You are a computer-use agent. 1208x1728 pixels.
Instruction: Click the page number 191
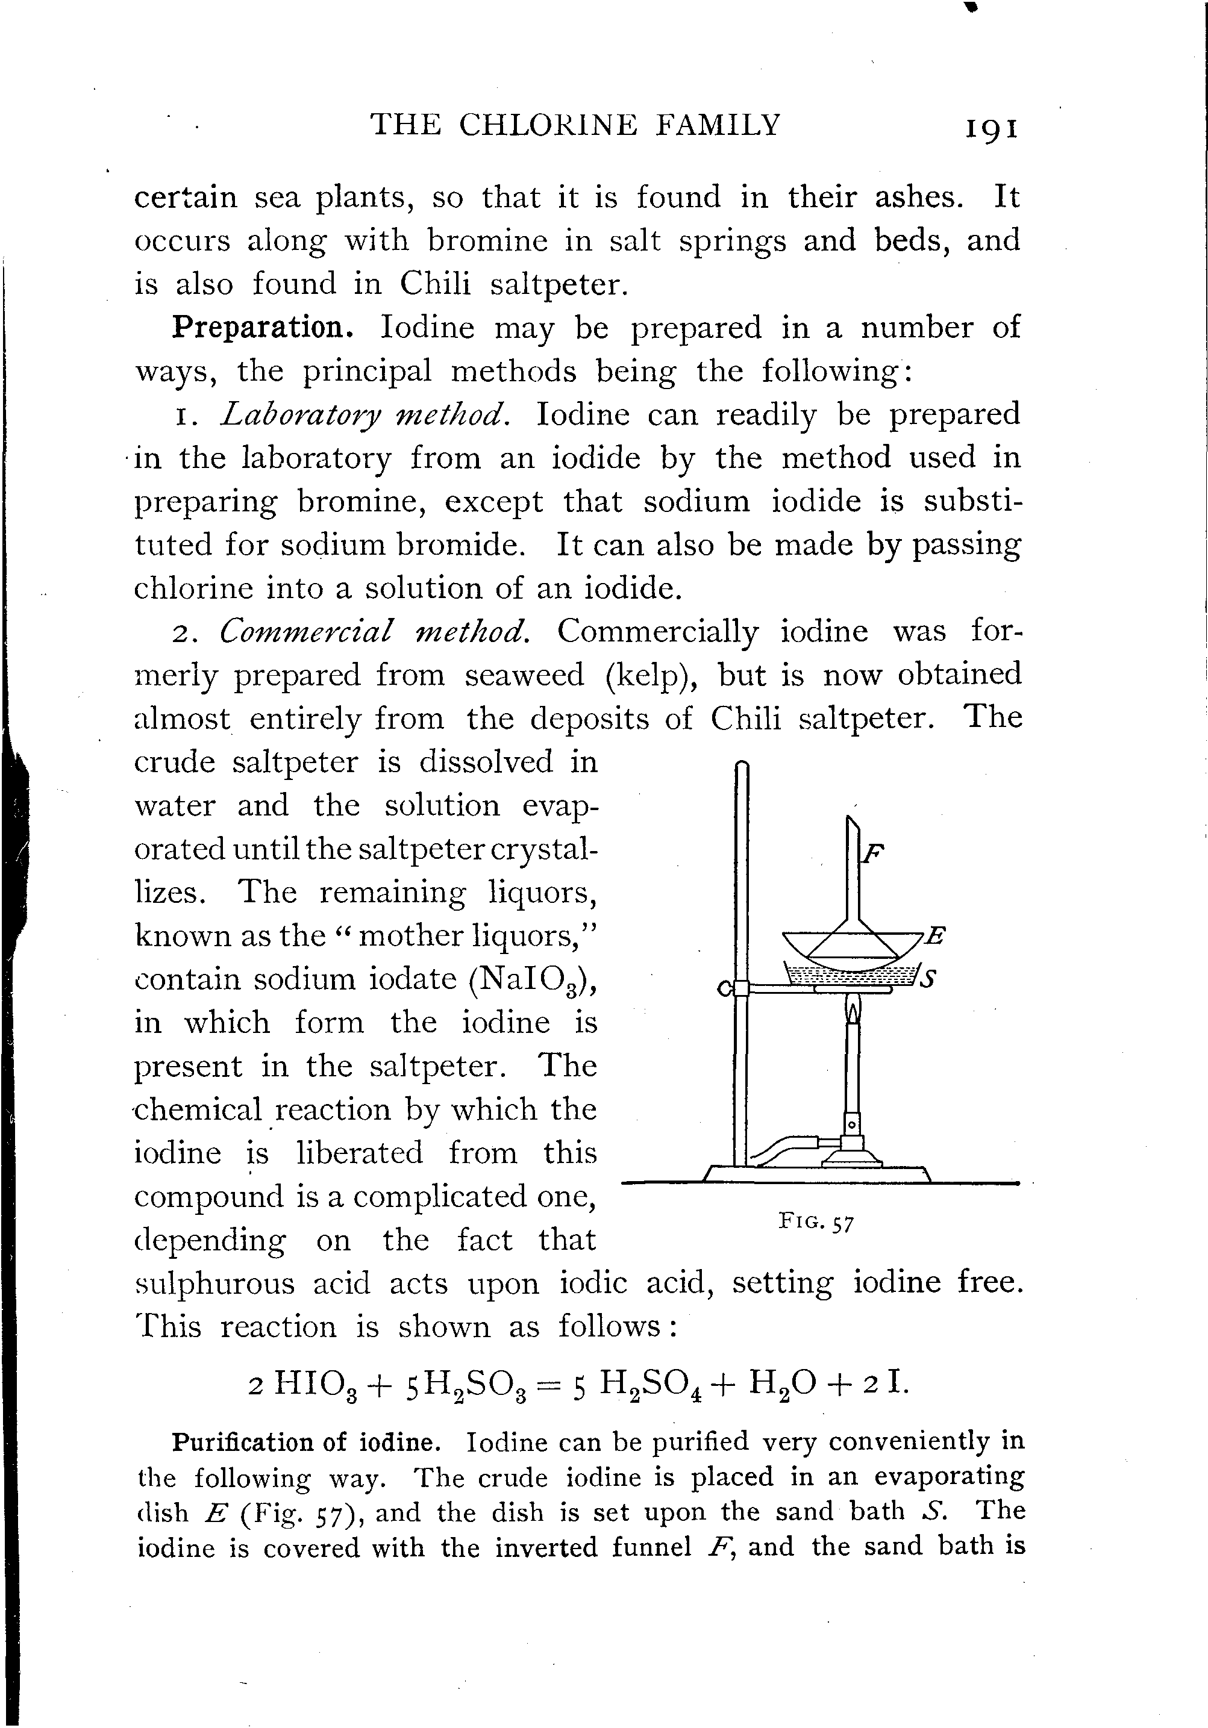(990, 128)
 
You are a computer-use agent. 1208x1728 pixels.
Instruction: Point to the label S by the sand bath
(929, 979)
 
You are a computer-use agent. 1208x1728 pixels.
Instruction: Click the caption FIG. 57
(816, 1222)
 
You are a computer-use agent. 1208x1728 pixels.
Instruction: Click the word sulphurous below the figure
(214, 1284)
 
